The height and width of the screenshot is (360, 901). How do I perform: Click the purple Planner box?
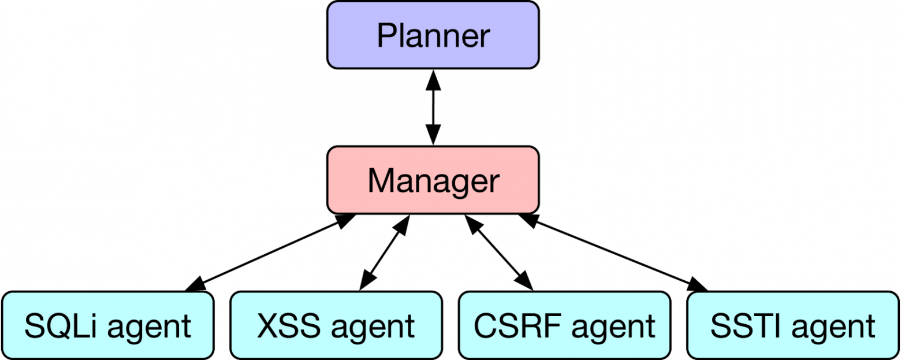433,35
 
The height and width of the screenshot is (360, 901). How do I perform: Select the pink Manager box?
433,180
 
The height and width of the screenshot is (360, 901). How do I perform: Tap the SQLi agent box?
107,325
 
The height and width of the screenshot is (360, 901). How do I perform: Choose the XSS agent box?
336,325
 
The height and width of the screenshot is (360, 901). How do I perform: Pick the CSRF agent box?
564,325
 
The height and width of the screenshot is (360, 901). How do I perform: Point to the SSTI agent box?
793,325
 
